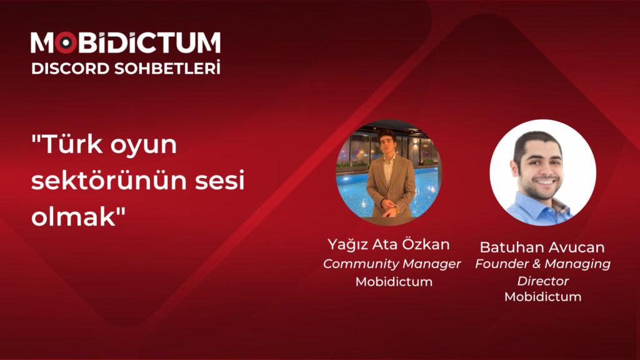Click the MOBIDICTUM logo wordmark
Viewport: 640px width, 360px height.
point(125,42)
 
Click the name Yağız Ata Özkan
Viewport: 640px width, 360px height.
point(388,244)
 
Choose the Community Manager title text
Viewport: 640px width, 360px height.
point(392,264)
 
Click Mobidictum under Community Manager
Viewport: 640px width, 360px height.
point(394,282)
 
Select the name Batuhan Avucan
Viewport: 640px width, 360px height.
point(542,247)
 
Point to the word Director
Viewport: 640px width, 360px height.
point(542,281)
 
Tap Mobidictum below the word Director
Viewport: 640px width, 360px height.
point(542,296)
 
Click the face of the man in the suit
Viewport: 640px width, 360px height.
point(387,141)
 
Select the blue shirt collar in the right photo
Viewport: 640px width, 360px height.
point(531,203)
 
